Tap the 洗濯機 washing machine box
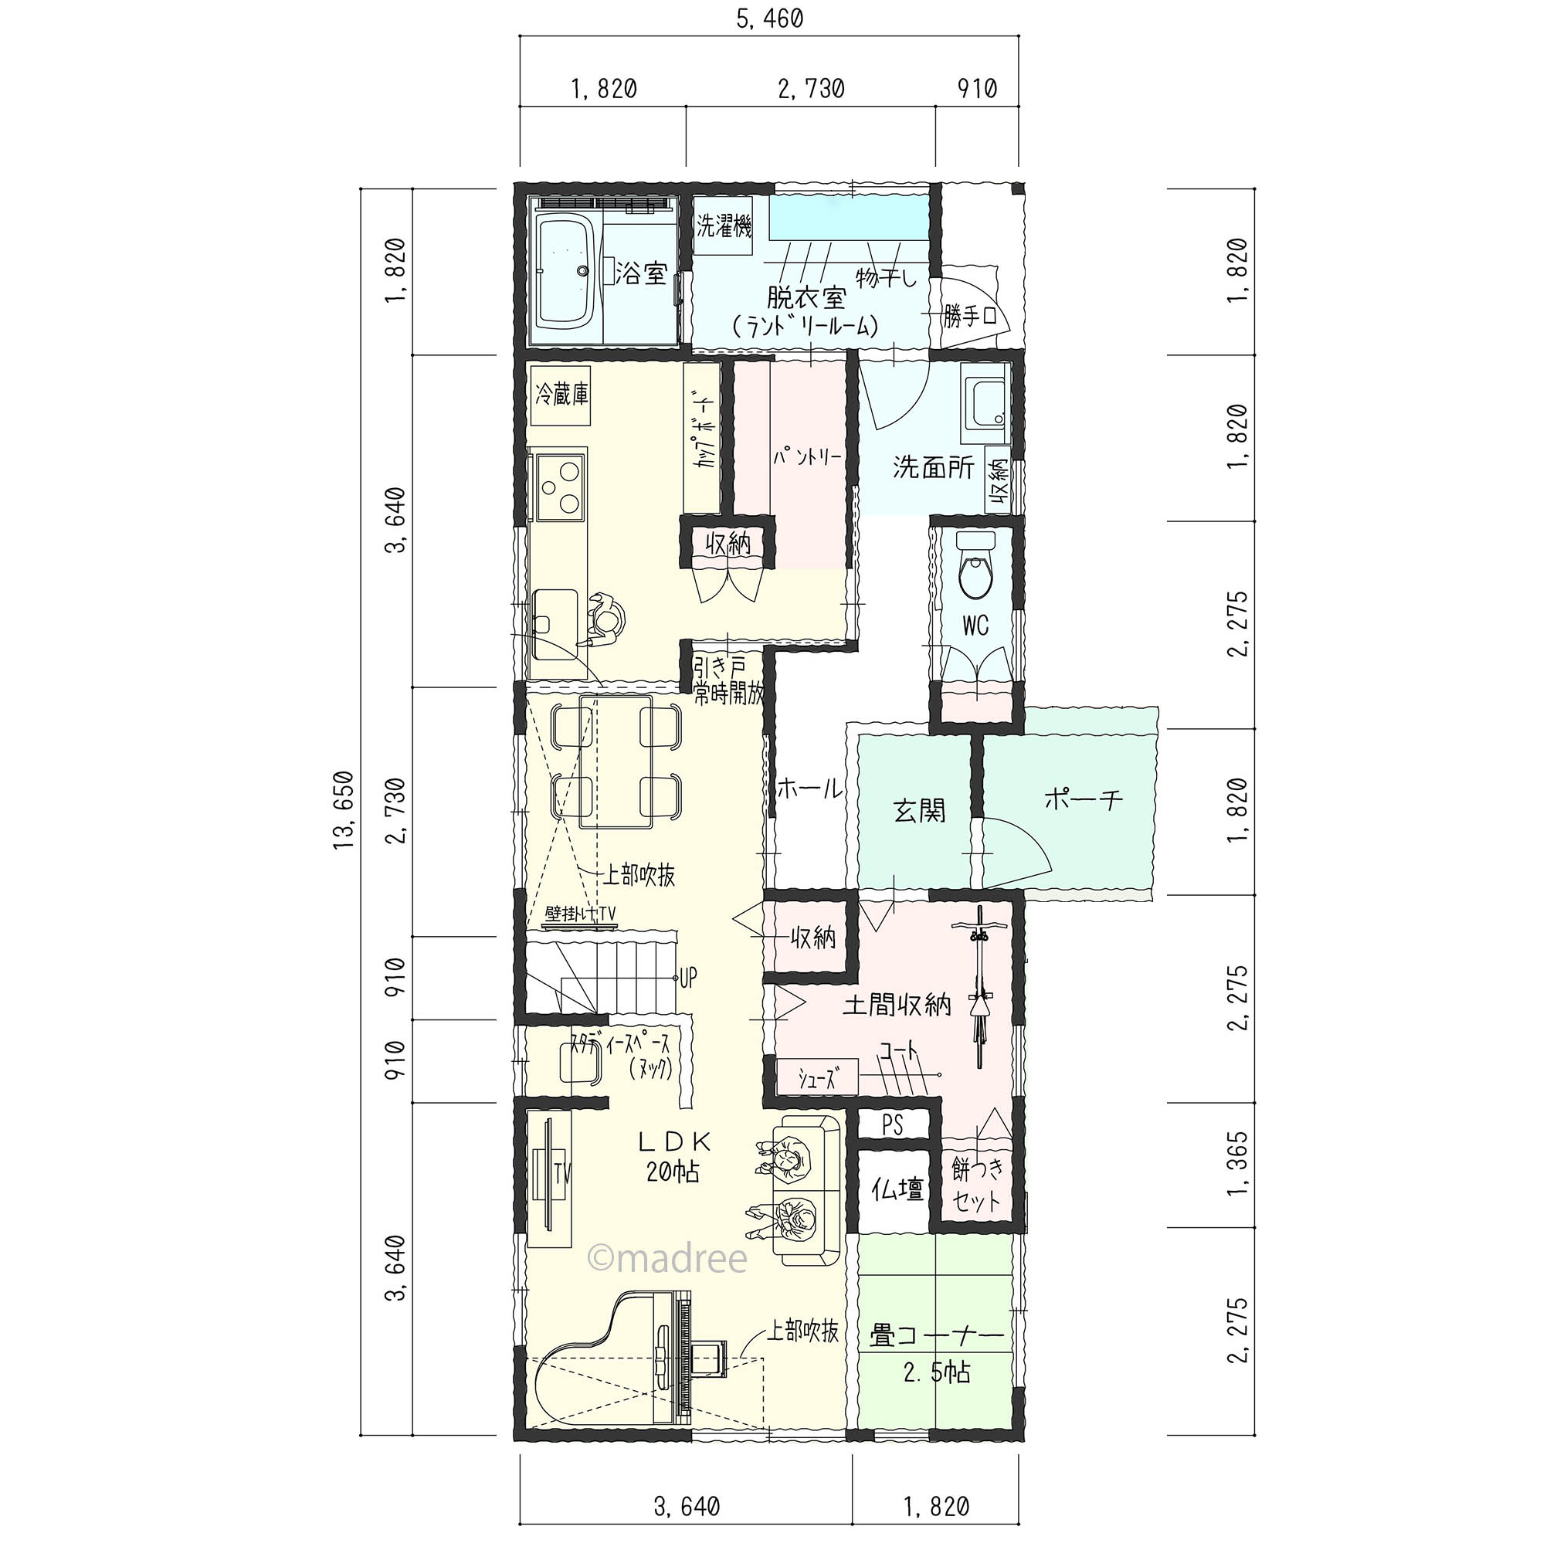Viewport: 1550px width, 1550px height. point(724,226)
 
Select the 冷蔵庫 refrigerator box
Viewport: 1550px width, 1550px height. point(562,395)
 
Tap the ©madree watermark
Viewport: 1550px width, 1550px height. point(667,1259)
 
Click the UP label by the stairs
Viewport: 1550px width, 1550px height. point(687,976)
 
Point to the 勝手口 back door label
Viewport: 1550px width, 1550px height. point(970,317)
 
